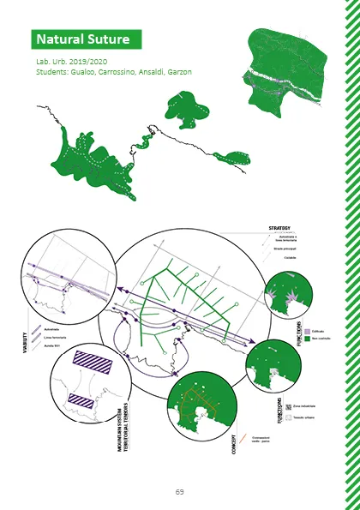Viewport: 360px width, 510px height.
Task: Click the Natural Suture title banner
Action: click(84, 39)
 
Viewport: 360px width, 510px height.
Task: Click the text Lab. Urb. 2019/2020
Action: click(69, 63)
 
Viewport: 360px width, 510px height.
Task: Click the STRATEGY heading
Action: click(279, 228)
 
